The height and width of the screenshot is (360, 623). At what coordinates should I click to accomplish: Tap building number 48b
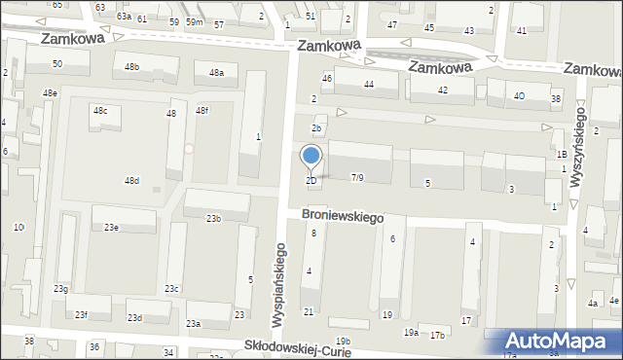pyautogui.click(x=131, y=66)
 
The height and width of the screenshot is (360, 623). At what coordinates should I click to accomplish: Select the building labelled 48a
pyautogui.click(x=216, y=72)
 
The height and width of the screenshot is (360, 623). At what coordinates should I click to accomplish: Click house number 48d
pyautogui.click(x=131, y=180)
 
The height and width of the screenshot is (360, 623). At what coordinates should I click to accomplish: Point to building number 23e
pyautogui.click(x=111, y=227)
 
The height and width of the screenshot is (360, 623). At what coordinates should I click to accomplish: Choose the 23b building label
pyautogui.click(x=213, y=219)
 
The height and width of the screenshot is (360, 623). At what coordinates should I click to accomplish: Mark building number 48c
pyautogui.click(x=100, y=111)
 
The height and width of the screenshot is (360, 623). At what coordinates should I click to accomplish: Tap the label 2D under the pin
pyautogui.click(x=311, y=180)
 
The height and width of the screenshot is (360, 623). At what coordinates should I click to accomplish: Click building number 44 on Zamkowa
pyautogui.click(x=369, y=85)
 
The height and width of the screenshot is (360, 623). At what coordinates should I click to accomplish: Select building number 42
pyautogui.click(x=443, y=90)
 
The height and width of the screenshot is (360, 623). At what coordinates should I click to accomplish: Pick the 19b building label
pyautogui.click(x=343, y=340)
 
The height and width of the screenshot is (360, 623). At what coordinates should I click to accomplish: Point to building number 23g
pyautogui.click(x=60, y=288)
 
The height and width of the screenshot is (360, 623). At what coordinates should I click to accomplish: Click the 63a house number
pyautogui.click(x=124, y=17)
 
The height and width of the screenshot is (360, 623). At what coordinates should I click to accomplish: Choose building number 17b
pyautogui.click(x=437, y=336)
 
